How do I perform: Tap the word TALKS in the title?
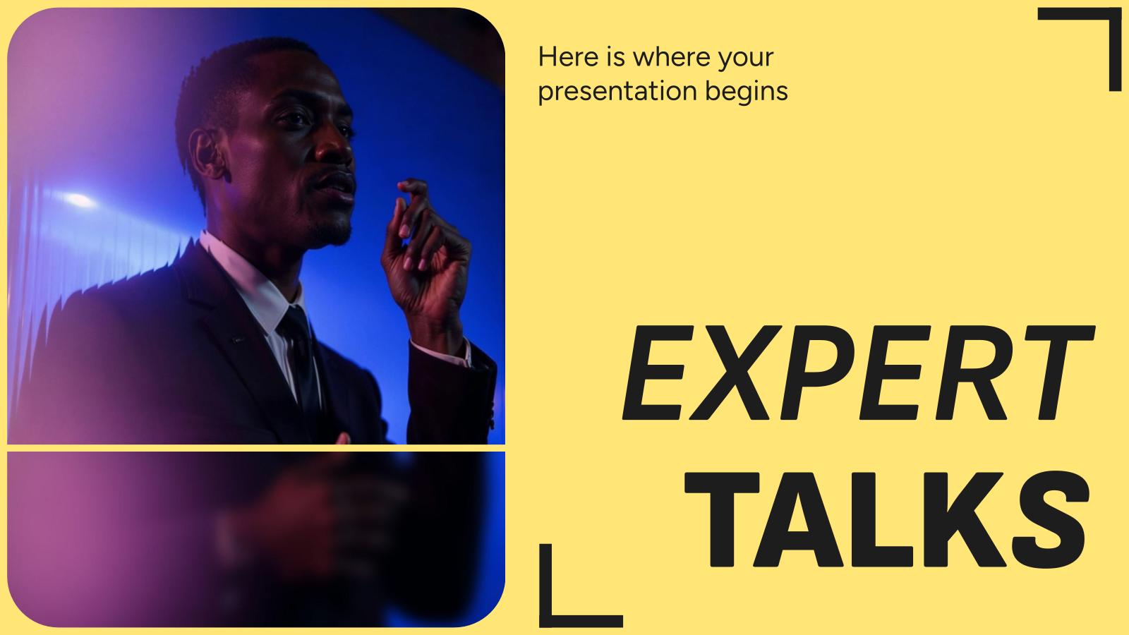coord(886,520)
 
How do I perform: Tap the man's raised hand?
coord(423,254)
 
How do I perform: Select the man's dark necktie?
coord(300,353)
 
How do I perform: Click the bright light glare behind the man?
coord(78,199)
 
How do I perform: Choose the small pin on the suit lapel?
coord(239,339)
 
